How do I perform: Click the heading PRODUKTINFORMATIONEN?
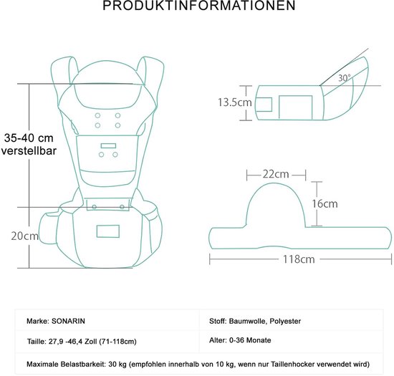(x=198, y=6)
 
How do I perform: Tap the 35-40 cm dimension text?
(x=29, y=138)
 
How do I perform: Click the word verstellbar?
(x=29, y=151)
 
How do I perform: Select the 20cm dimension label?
(x=24, y=236)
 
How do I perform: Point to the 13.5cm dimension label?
(x=235, y=102)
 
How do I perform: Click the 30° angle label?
(x=345, y=78)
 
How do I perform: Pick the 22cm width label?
(x=276, y=174)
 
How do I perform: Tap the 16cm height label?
(x=325, y=203)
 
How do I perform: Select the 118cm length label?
(x=299, y=259)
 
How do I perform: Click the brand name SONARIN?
(x=68, y=321)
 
